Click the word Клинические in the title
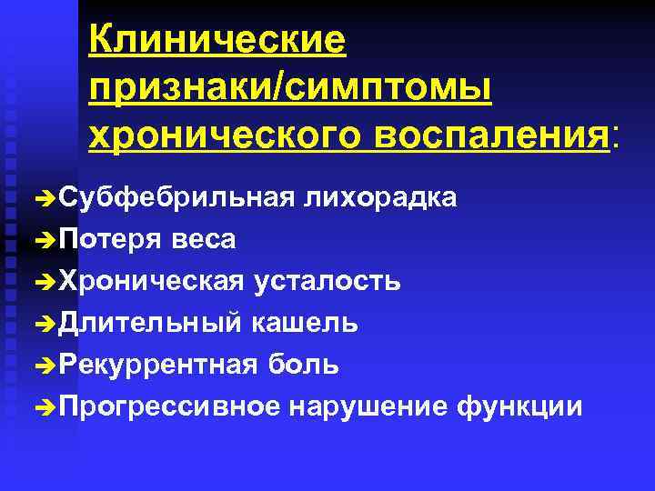[217, 41]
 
